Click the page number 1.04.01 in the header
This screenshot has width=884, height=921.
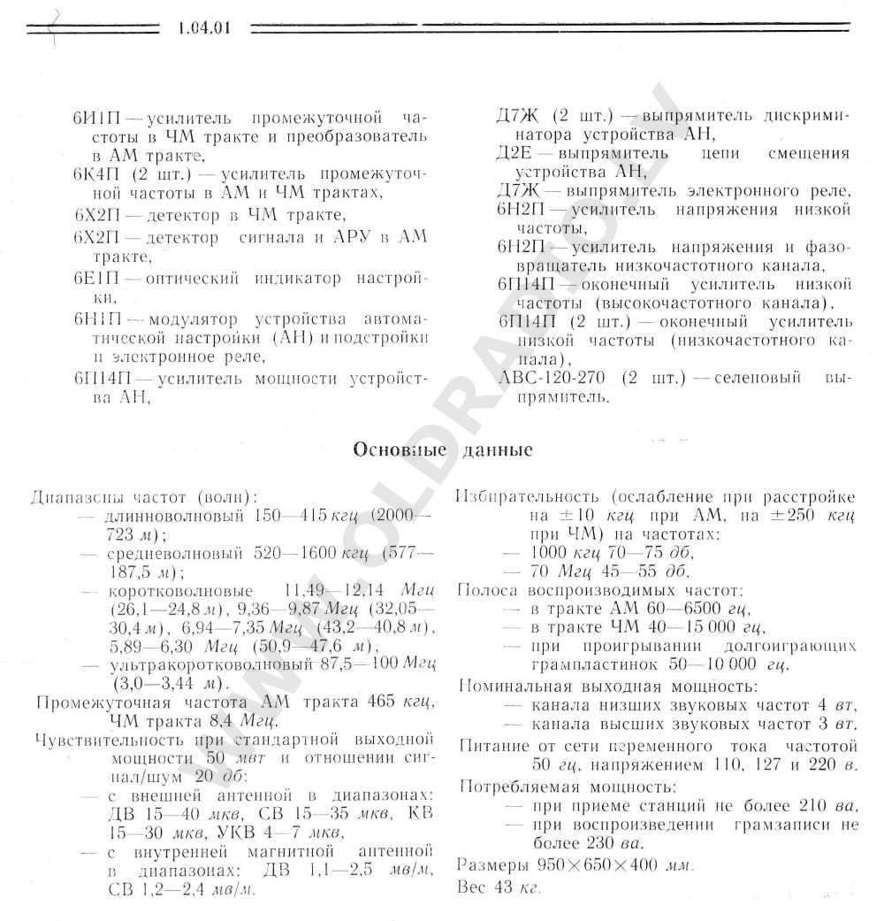[203, 27]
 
